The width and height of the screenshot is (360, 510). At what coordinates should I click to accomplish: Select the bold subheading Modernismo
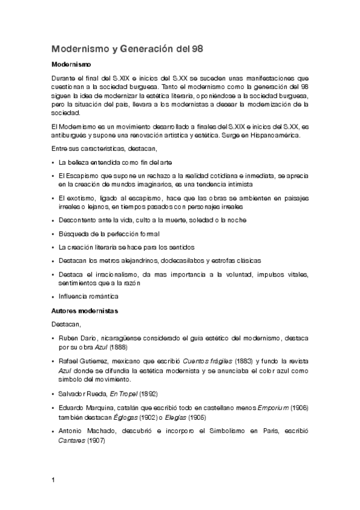(71, 64)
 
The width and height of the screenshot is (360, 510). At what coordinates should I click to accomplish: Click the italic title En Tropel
(123, 393)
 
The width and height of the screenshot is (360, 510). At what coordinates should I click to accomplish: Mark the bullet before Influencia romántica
(53, 296)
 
